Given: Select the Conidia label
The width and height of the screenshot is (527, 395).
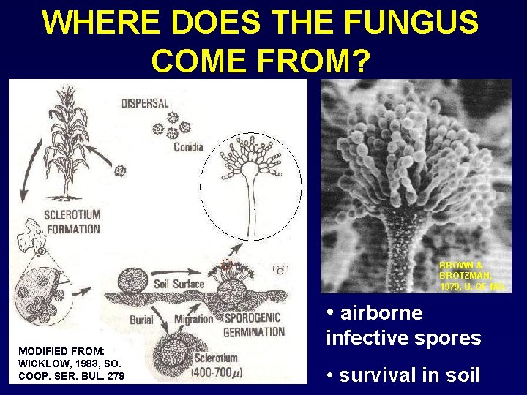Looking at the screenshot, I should tap(188, 147).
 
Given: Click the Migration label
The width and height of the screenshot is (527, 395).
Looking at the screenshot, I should tap(193, 320).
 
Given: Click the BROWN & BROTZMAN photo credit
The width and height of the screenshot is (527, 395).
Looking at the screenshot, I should tap(472, 276).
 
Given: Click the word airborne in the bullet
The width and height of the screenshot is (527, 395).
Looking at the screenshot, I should tap(381, 313).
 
